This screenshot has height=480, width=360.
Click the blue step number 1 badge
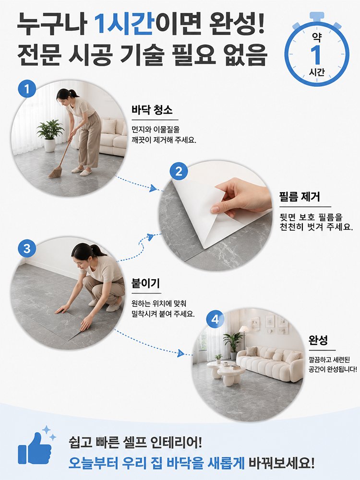(27, 89)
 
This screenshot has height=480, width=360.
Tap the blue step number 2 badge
(179, 171)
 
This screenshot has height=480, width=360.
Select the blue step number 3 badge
(27, 248)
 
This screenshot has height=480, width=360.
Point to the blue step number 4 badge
(216, 319)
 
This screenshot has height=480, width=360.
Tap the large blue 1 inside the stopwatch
(316, 55)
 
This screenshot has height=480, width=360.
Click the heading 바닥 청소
(152, 110)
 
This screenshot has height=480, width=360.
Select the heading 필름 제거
(300, 197)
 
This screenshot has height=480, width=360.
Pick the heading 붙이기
(145, 283)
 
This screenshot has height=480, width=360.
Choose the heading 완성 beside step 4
(318, 340)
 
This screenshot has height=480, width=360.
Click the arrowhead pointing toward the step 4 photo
(180, 353)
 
